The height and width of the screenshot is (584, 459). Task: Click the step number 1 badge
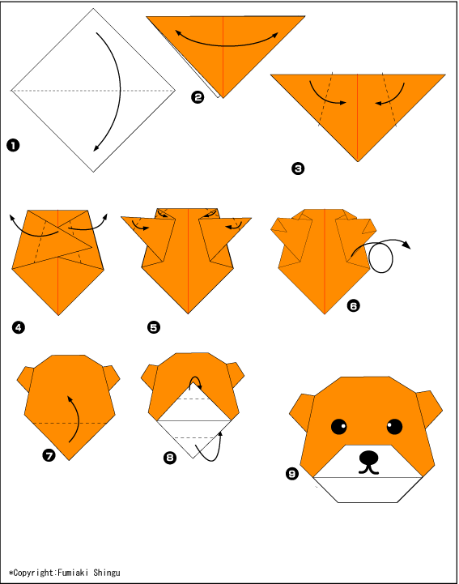[13, 145]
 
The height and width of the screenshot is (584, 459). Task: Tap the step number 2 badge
[198, 97]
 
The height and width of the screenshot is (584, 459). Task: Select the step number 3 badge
[298, 168]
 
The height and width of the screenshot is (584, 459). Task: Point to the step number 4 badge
[19, 328]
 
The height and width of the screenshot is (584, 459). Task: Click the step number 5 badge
[154, 327]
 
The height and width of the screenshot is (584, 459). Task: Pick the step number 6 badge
[353, 306]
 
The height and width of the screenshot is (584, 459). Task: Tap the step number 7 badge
[49, 455]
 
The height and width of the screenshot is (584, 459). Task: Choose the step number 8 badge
[170, 458]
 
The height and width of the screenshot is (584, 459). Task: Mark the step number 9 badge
[292, 473]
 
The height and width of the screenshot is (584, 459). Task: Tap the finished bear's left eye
[338, 426]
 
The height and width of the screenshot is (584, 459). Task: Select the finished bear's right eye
[394, 426]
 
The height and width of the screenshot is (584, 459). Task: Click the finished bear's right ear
[429, 409]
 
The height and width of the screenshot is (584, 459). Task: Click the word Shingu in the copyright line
[107, 573]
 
